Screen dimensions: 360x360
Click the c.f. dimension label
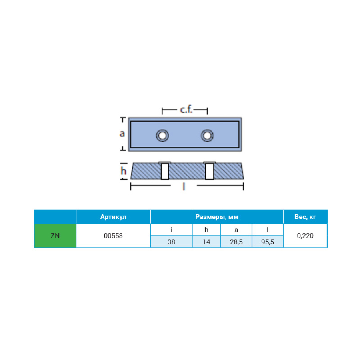[x=186, y=110]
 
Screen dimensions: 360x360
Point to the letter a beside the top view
[x=122, y=133]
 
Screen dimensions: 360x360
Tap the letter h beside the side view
[x=123, y=170]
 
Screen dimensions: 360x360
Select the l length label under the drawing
[x=184, y=186]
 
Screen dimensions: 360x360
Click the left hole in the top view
[x=162, y=136]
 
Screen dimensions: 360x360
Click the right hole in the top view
[x=207, y=136]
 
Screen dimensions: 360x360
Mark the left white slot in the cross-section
[x=165, y=171]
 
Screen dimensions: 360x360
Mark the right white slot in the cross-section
[x=209, y=171]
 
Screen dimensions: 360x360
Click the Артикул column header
[x=113, y=217]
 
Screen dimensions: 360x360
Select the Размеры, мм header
[x=217, y=217]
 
